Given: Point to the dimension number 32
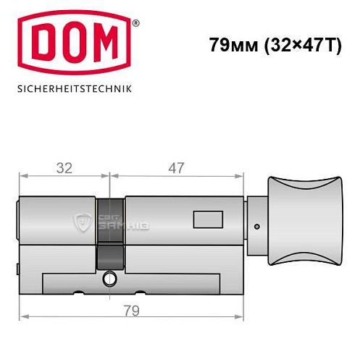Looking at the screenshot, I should tap(64, 168).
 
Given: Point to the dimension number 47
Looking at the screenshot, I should tap(175, 168).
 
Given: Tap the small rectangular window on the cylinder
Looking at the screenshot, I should tap(207, 217).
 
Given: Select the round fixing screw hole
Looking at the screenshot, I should tap(109, 277).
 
